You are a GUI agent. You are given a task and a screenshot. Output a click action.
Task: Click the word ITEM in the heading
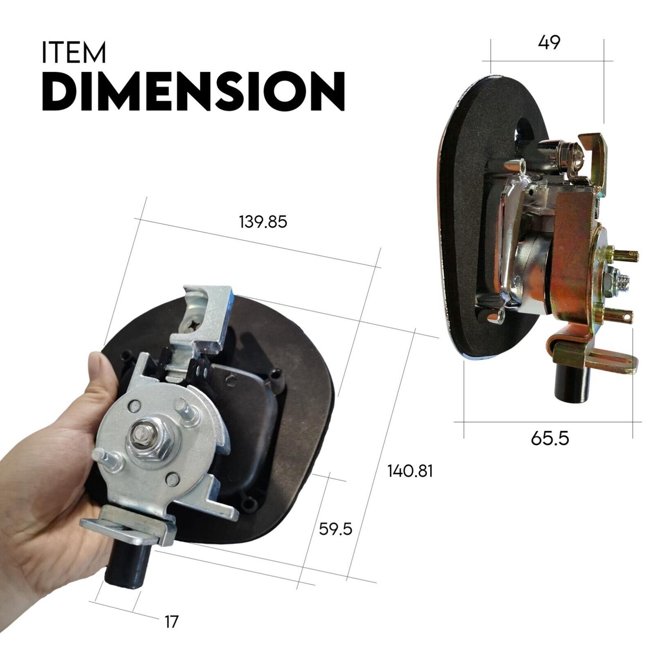point(74,53)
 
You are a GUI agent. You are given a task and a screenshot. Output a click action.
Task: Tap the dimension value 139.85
point(263,223)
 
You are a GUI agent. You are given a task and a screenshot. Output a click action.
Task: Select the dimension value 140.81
point(410,471)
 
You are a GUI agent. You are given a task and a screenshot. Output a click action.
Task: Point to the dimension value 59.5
point(335,529)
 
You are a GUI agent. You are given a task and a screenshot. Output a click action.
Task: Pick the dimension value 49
point(549,42)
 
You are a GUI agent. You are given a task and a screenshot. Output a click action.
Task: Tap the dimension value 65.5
point(550,439)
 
